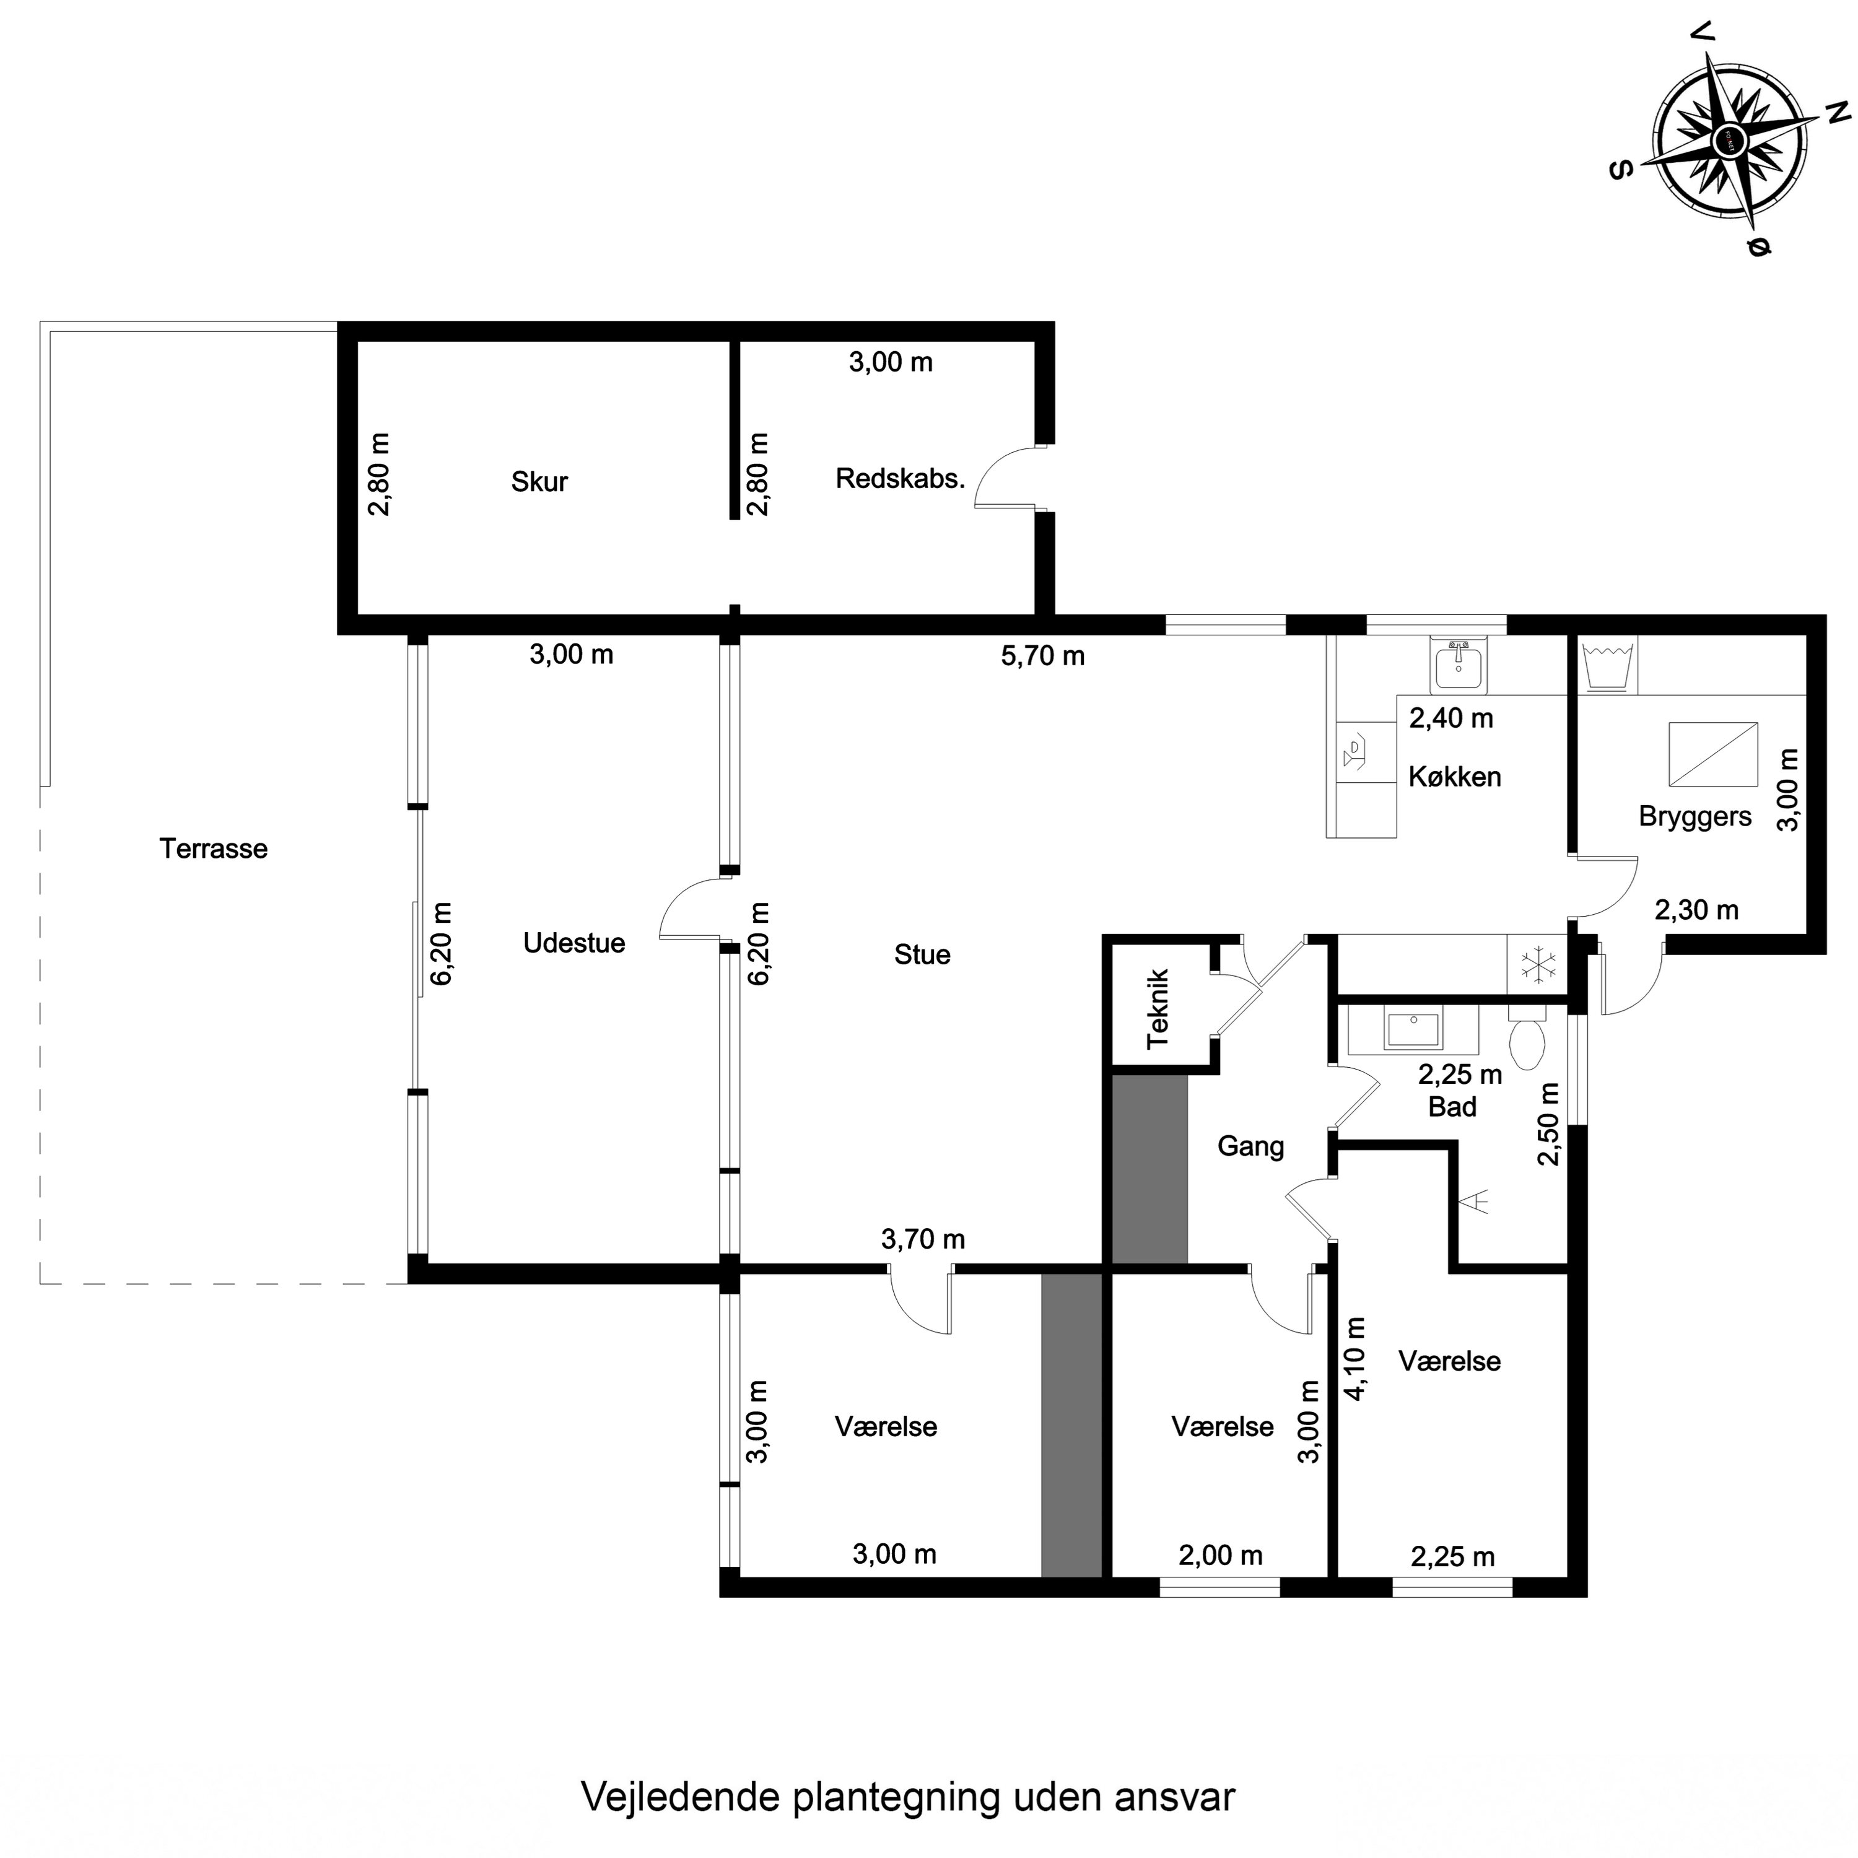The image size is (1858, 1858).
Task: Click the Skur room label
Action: pos(539,482)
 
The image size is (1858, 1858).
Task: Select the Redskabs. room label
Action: pos(899,479)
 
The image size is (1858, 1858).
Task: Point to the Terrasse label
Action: pos(214,849)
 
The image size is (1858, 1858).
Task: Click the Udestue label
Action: pos(574,943)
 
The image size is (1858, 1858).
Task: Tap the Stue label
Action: pos(922,955)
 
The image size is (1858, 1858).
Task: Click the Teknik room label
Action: pos(1159,1008)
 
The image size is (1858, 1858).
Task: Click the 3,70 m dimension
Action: pos(922,1240)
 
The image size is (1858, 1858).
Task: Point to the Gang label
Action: pos(1250,1146)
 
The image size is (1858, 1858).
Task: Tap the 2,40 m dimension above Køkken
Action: pos(1450,718)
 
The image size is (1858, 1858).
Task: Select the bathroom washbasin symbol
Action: pos(1413,1029)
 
